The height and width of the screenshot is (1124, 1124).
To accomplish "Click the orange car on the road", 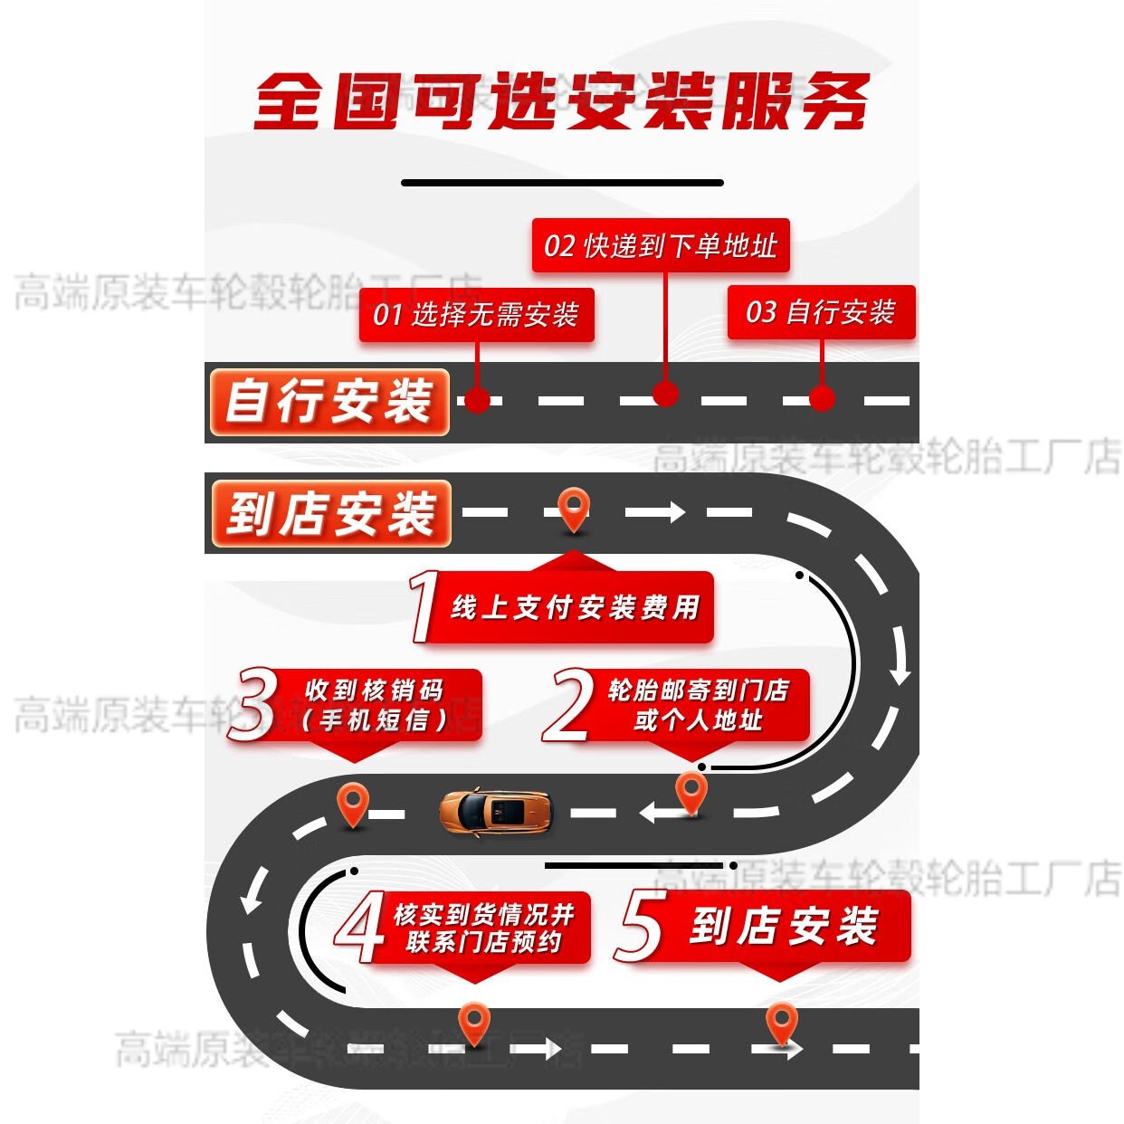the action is [x=496, y=811].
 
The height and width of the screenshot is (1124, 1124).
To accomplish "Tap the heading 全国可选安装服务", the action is [x=561, y=100].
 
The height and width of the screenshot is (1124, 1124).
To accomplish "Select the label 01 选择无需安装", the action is [x=476, y=315].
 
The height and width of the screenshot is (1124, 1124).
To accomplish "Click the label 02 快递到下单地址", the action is [x=661, y=245].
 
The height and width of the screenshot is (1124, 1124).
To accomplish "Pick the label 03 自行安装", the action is [x=821, y=312].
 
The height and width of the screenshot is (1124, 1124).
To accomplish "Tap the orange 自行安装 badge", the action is [x=329, y=402].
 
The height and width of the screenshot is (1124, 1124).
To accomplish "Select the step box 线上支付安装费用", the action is [x=576, y=607].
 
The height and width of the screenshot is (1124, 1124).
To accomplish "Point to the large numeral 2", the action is [x=568, y=705].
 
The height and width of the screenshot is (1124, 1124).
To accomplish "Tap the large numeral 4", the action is [x=360, y=927].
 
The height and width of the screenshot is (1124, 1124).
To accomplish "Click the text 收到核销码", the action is [x=374, y=691].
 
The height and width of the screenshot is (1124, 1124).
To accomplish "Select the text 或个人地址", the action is [x=698, y=721].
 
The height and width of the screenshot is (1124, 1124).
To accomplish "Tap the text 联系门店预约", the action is [x=483, y=942].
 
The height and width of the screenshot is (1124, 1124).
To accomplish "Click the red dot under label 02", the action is [x=665, y=395].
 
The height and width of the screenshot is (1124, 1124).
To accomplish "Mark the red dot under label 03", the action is [x=822, y=398].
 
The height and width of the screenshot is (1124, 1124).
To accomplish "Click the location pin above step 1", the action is [x=574, y=509].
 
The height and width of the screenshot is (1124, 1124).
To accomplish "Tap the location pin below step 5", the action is [x=781, y=1022].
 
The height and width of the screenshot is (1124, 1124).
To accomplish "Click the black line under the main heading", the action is [x=562, y=183].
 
